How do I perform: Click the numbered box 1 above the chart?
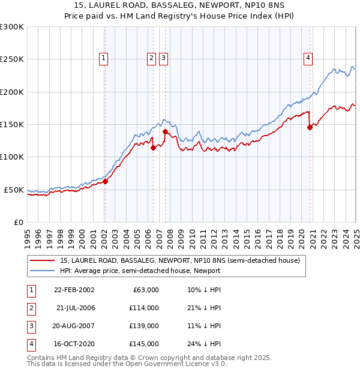pos(104,58)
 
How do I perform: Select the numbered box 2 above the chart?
pos(151,58)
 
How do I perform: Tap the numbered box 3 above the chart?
pos(163,58)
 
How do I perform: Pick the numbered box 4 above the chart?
pos(308,58)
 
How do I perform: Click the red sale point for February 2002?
pos(105,181)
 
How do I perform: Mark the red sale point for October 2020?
pos(310,127)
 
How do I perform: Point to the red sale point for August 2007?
pos(165,131)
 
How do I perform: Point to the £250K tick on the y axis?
pos(13,59)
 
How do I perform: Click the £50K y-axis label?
pos(15,190)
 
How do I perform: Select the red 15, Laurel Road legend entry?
pos(175,260)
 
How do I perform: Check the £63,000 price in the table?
pos(144,290)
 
